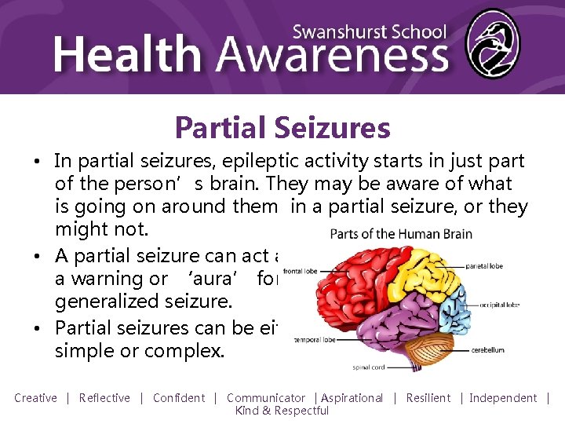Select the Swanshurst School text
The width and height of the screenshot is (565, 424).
(x=369, y=32)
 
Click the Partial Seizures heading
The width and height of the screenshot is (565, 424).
(x=282, y=126)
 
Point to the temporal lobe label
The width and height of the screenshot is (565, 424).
(x=315, y=341)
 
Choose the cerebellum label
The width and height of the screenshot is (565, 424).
(x=488, y=350)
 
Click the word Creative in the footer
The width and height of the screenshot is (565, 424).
(x=35, y=398)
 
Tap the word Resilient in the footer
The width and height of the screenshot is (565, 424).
(x=428, y=398)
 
